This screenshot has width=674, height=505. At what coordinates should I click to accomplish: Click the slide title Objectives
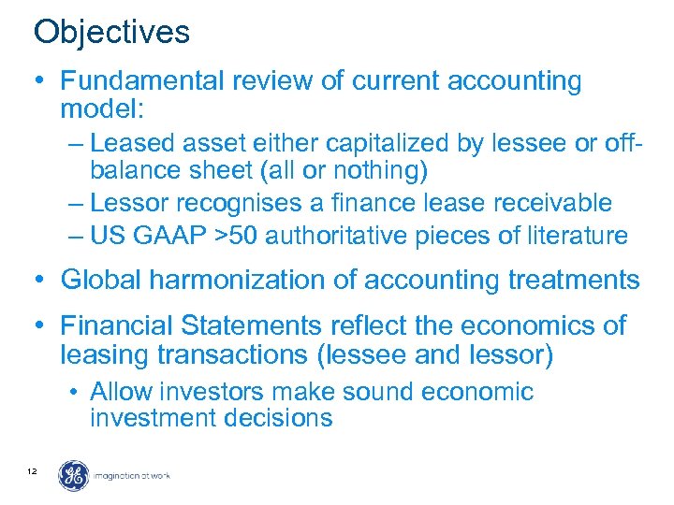click(111, 33)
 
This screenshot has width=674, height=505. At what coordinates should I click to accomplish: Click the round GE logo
click(74, 476)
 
